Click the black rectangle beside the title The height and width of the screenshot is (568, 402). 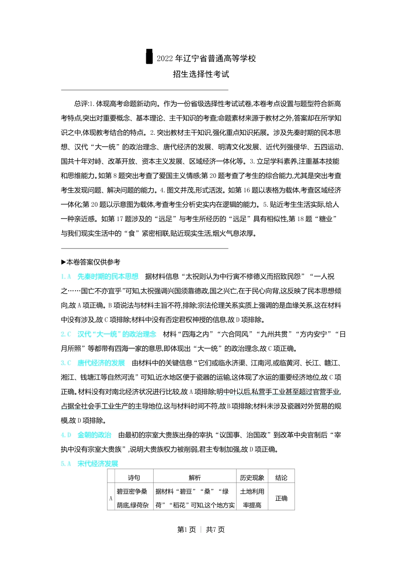(x=149, y=57)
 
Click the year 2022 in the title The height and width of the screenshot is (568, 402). (x=165, y=59)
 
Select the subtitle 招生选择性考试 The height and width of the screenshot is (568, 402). (x=201, y=74)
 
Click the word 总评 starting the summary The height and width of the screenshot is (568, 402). (x=81, y=104)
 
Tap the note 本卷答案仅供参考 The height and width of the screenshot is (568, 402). (x=93, y=262)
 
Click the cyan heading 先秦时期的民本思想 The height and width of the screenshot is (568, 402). (x=108, y=276)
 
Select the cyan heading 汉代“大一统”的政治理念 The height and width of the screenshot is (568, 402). (x=117, y=334)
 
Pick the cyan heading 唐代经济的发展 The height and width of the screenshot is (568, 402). (x=101, y=363)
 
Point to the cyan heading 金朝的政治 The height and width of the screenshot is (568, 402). (x=94, y=435)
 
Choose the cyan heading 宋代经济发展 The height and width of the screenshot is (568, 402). (x=98, y=464)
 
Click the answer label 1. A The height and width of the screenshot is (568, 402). (x=66, y=276)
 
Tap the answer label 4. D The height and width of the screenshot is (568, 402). (x=66, y=435)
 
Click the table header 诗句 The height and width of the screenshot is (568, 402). (x=134, y=478)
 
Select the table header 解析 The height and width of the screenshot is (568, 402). (x=195, y=478)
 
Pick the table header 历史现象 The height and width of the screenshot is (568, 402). (x=252, y=478)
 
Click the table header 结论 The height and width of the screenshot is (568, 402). (x=281, y=478)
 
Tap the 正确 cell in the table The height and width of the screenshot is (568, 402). (x=281, y=498)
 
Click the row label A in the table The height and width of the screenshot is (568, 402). (x=111, y=498)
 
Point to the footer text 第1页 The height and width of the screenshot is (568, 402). (x=187, y=530)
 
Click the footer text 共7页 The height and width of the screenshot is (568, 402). (x=215, y=530)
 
